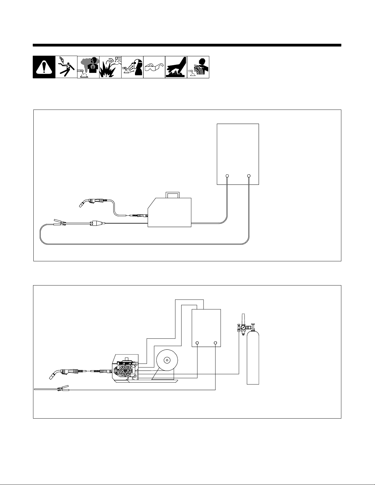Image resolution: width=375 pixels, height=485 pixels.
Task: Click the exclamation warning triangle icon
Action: pyautogui.click(x=44, y=67)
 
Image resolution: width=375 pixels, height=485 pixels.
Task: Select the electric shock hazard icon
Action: pyautogui.click(x=66, y=67)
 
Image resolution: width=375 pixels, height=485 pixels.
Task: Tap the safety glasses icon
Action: pyautogui.click(x=154, y=67)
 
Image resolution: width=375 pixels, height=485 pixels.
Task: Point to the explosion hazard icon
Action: pyautogui.click(x=110, y=67)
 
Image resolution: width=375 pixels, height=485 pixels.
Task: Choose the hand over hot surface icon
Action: pyautogui.click(x=176, y=67)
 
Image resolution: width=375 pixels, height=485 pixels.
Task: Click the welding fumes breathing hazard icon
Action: pyautogui.click(x=88, y=67)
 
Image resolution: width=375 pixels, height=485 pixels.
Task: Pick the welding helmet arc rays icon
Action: pyautogui.click(x=132, y=67)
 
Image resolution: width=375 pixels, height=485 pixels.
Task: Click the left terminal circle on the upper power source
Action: pyautogui.click(x=227, y=176)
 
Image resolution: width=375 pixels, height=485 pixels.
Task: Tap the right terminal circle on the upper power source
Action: pyautogui.click(x=249, y=176)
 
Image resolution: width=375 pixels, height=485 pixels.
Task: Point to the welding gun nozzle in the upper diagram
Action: pyautogui.click(x=82, y=203)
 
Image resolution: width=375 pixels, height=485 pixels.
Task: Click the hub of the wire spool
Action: pyautogui.click(x=167, y=360)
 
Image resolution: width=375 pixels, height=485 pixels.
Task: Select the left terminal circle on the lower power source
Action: pyautogui.click(x=197, y=343)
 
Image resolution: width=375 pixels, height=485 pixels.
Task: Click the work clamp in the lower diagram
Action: pyautogui.click(x=61, y=389)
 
